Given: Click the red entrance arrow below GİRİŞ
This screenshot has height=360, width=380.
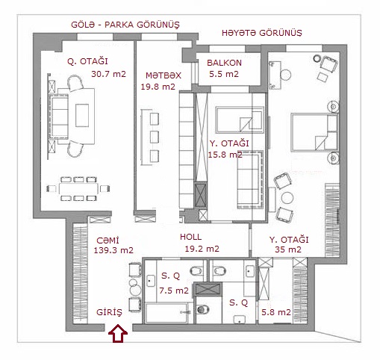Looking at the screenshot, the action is [118, 333].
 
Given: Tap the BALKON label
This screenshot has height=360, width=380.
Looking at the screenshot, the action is [224, 63].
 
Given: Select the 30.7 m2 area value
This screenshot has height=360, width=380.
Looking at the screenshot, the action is [108, 74].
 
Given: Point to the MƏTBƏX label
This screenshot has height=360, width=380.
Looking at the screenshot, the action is [163, 75].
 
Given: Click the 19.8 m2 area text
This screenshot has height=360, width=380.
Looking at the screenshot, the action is [158, 87].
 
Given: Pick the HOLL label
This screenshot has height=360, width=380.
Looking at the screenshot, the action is [191, 237].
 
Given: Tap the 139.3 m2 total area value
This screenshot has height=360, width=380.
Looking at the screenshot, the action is [113, 250].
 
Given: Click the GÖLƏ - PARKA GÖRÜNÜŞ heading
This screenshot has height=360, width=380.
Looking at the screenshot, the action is [125, 25].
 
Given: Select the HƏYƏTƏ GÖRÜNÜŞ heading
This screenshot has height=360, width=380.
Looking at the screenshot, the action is [262, 33].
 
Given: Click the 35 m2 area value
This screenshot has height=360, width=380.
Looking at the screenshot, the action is [288, 249].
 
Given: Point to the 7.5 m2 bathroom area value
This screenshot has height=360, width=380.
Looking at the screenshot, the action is [174, 291].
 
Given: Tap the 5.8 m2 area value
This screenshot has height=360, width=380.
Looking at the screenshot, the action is [276, 312].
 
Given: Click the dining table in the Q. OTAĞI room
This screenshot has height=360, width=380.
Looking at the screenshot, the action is [78, 189].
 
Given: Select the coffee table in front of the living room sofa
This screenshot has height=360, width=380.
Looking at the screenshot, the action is [82, 116].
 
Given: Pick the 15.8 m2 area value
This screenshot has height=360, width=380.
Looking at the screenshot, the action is [225, 155].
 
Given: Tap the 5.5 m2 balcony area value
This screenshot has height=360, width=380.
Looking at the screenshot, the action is [224, 74].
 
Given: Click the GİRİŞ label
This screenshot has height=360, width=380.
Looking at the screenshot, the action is [110, 312].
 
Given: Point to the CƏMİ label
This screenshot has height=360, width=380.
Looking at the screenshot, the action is [108, 240].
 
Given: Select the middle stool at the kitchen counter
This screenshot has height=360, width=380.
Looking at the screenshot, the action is [155, 137].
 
